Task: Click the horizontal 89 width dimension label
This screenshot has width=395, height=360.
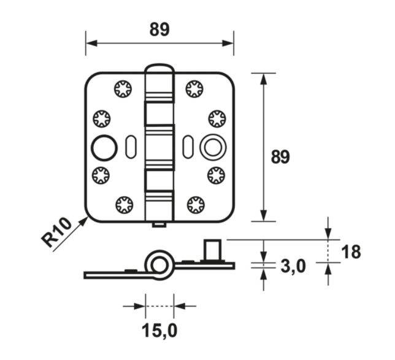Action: tap(159, 29)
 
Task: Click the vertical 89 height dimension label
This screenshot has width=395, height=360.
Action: tap(280, 157)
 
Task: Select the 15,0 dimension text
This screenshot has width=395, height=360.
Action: tap(159, 331)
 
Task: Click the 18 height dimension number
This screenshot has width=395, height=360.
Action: tap(351, 252)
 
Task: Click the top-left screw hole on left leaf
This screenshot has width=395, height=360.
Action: tap(123, 90)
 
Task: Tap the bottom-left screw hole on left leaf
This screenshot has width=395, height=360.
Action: tap(123, 204)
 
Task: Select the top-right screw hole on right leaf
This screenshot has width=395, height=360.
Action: tap(195, 90)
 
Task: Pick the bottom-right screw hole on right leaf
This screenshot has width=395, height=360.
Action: tap(195, 204)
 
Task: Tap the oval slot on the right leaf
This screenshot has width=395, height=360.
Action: tap(187, 146)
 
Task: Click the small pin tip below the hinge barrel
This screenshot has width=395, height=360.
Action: tap(159, 225)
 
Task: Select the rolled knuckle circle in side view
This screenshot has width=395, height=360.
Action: tap(159, 264)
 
